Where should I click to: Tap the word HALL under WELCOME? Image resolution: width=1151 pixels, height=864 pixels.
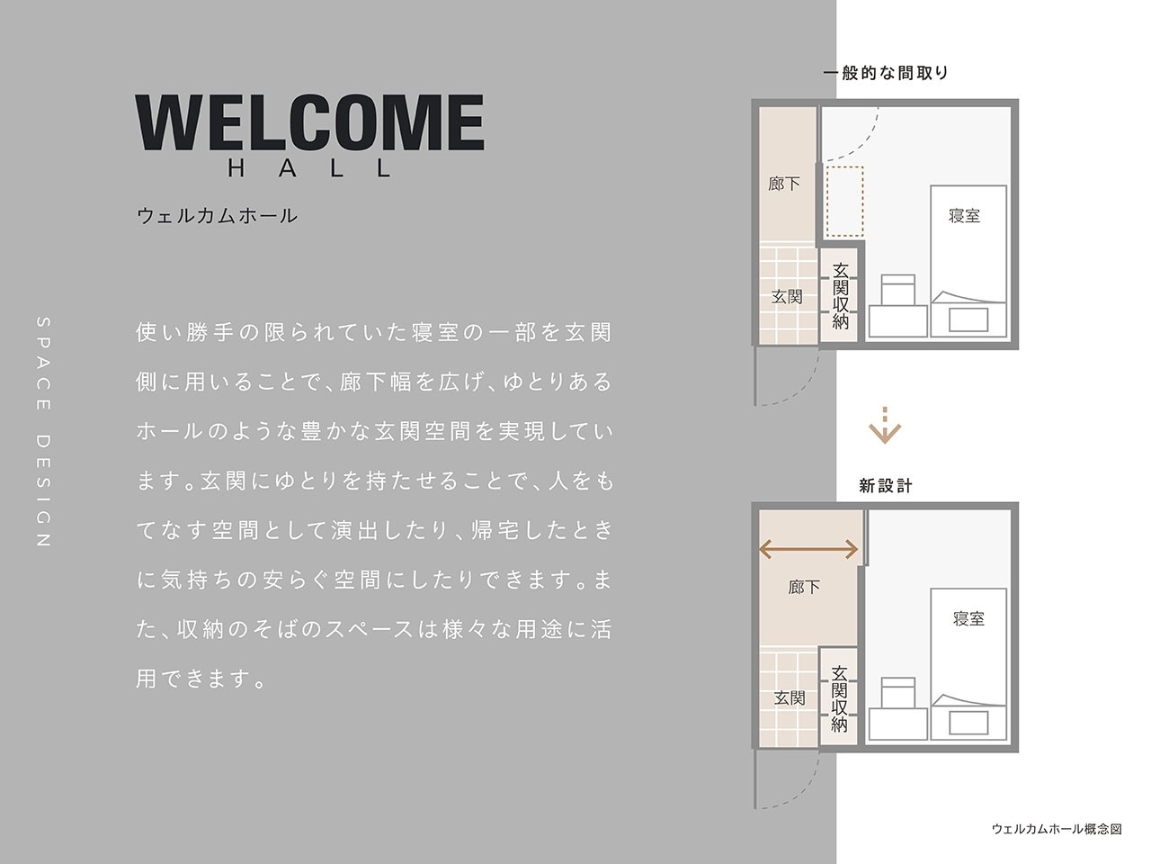309,168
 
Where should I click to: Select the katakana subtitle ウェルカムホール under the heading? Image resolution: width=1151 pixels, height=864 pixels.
216,216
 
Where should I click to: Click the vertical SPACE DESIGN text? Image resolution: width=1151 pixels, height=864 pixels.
43,432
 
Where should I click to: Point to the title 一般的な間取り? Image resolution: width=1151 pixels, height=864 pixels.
886,73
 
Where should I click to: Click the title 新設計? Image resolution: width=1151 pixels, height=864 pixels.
886,486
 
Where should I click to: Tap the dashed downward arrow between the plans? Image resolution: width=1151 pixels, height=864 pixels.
885,426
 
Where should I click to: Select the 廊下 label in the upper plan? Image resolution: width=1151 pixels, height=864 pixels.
784,184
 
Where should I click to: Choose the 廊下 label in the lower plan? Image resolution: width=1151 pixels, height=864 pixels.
804,588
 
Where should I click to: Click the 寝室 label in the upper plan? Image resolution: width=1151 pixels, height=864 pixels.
964,216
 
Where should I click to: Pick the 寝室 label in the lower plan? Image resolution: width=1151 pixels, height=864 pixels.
968,619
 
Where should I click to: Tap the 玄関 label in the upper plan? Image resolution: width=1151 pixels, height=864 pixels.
787,296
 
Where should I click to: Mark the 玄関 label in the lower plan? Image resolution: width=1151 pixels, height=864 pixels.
790,698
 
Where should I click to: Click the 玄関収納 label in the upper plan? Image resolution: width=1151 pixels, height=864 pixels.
841,295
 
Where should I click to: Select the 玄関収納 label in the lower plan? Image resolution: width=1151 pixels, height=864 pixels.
840,698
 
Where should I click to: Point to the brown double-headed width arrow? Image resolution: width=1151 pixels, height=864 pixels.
808,548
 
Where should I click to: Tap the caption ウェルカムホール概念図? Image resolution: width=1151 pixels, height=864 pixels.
1057,829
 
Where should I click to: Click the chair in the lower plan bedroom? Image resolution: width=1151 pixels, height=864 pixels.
897,694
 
